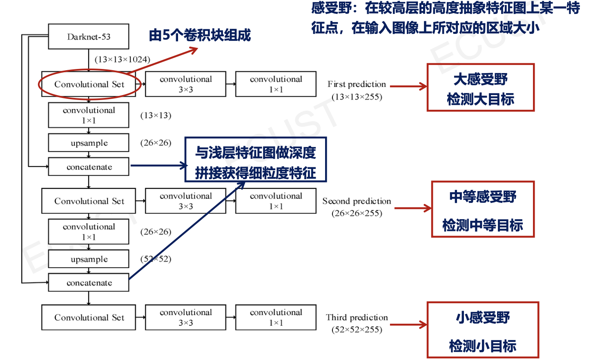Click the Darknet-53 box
tap(89, 37)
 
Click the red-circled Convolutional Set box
tap(89, 84)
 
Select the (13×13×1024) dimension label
tap(123, 60)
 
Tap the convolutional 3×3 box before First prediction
tap(185, 84)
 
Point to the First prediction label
tap(357, 84)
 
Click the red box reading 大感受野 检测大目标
tap(480, 87)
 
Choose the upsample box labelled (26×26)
tap(89, 143)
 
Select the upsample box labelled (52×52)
tap(89, 259)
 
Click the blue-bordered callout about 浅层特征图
tap(256, 160)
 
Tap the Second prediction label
tap(357, 201)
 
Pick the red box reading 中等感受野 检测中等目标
tap(483, 209)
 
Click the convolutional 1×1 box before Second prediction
tap(276, 201)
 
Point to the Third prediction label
tap(357, 318)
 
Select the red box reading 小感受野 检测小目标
tap(483, 330)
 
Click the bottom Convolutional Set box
tap(89, 318)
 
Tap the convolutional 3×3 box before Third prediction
tap(185, 317)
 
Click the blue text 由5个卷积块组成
tap(200, 36)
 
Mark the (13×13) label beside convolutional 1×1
tap(156, 116)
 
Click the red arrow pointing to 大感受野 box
tap(408, 86)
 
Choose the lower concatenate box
tap(89, 283)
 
